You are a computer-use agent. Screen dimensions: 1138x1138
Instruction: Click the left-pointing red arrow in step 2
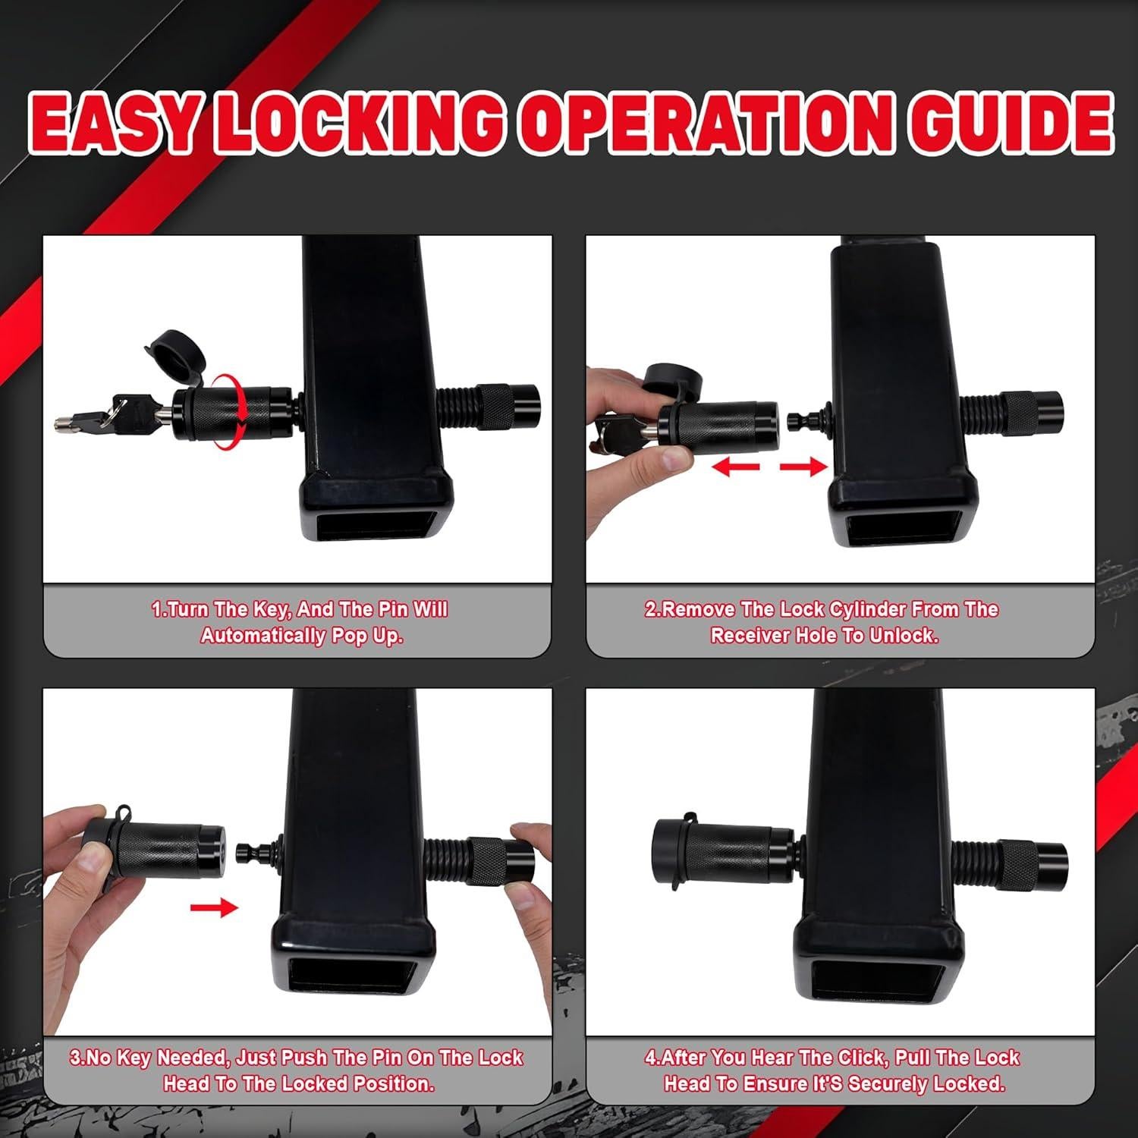734,467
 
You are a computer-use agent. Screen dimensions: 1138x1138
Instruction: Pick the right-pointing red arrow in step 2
803,467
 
